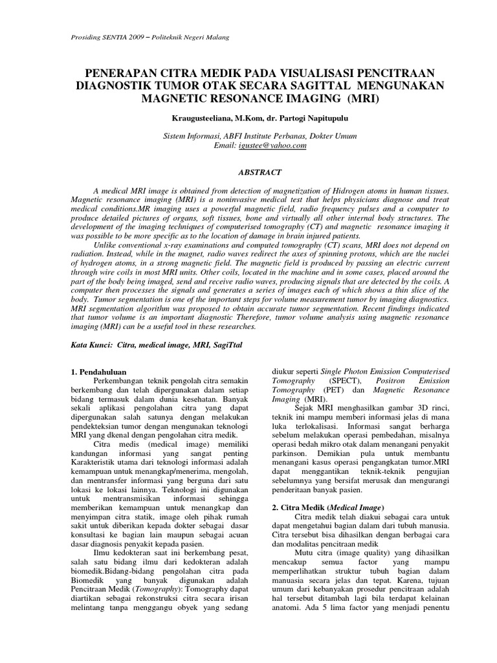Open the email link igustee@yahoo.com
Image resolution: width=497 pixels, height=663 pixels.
pos(264,146)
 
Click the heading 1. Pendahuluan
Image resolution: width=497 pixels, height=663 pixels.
pos(98,372)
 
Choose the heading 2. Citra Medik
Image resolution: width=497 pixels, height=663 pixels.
pos(326,506)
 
